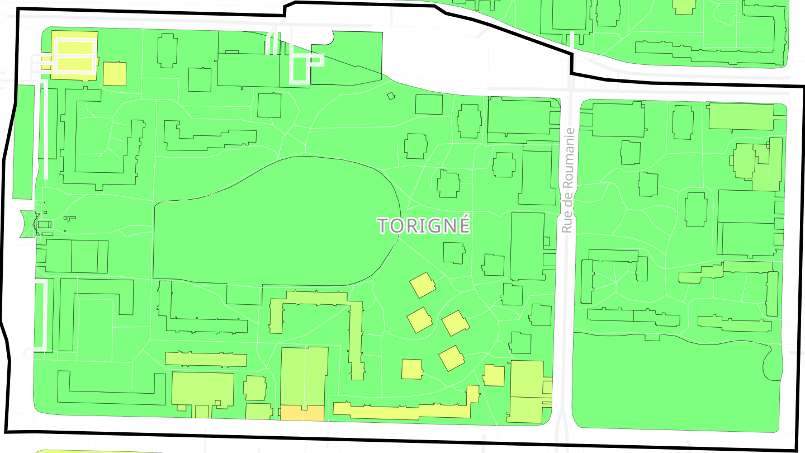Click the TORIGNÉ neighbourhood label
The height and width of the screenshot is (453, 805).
click(424, 225)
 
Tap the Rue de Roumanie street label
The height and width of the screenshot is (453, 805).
click(568, 180)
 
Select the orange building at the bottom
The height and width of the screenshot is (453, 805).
click(302, 413)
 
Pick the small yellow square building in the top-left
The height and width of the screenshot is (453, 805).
click(115, 74)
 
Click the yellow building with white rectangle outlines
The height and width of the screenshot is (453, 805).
click(74, 55)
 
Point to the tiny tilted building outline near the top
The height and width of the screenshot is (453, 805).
click(391, 96)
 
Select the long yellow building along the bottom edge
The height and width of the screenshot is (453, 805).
click(402, 410)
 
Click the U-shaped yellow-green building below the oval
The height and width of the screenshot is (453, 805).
click(316, 313)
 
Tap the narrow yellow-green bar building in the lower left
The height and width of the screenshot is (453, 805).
click(206, 359)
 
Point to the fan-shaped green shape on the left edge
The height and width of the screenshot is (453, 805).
click(26, 224)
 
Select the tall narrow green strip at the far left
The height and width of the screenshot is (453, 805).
click(23, 142)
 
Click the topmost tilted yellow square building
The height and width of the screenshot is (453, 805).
click(423, 285)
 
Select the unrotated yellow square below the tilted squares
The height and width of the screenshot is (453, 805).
click(412, 369)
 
